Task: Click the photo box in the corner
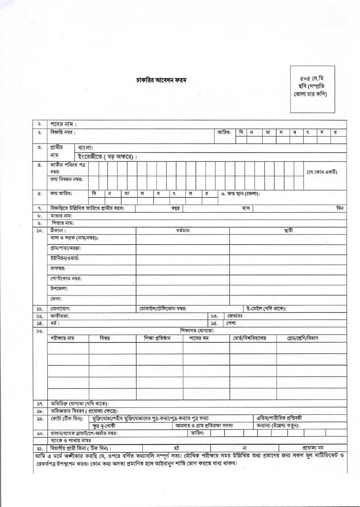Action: coord(312,89)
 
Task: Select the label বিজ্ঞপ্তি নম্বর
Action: coord(63,132)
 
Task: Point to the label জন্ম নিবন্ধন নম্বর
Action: coord(66,179)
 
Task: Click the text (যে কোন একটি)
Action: coord(322,172)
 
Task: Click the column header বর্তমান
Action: coord(183,231)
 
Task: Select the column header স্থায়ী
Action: coord(288,231)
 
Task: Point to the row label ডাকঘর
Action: coord(58,268)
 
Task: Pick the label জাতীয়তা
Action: coord(60,316)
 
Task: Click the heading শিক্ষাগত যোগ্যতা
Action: coord(197,331)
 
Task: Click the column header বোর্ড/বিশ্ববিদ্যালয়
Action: coord(249,338)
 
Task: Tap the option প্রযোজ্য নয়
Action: coord(313,448)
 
